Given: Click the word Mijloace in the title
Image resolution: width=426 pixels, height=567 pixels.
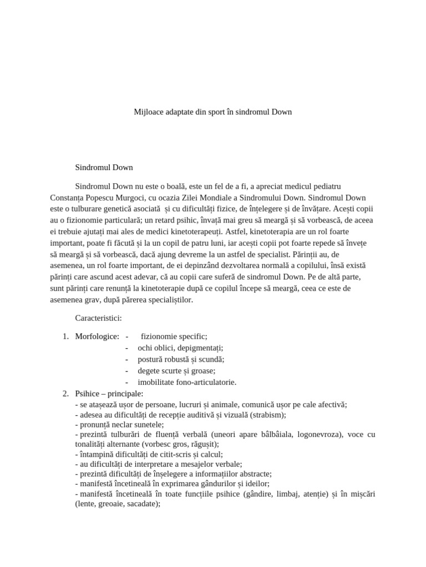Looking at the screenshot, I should point(148,112).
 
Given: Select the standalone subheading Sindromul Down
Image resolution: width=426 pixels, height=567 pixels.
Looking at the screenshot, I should point(104,167).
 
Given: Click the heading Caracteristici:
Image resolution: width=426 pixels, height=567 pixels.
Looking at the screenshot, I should point(98,318).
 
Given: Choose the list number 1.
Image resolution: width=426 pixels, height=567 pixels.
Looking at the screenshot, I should point(65,336).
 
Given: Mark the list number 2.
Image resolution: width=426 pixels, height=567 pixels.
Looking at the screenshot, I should point(65,394).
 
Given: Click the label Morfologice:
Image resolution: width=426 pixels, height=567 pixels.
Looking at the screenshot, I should point(97,336).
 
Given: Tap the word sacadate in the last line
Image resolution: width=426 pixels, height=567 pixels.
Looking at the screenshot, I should point(141,504).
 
